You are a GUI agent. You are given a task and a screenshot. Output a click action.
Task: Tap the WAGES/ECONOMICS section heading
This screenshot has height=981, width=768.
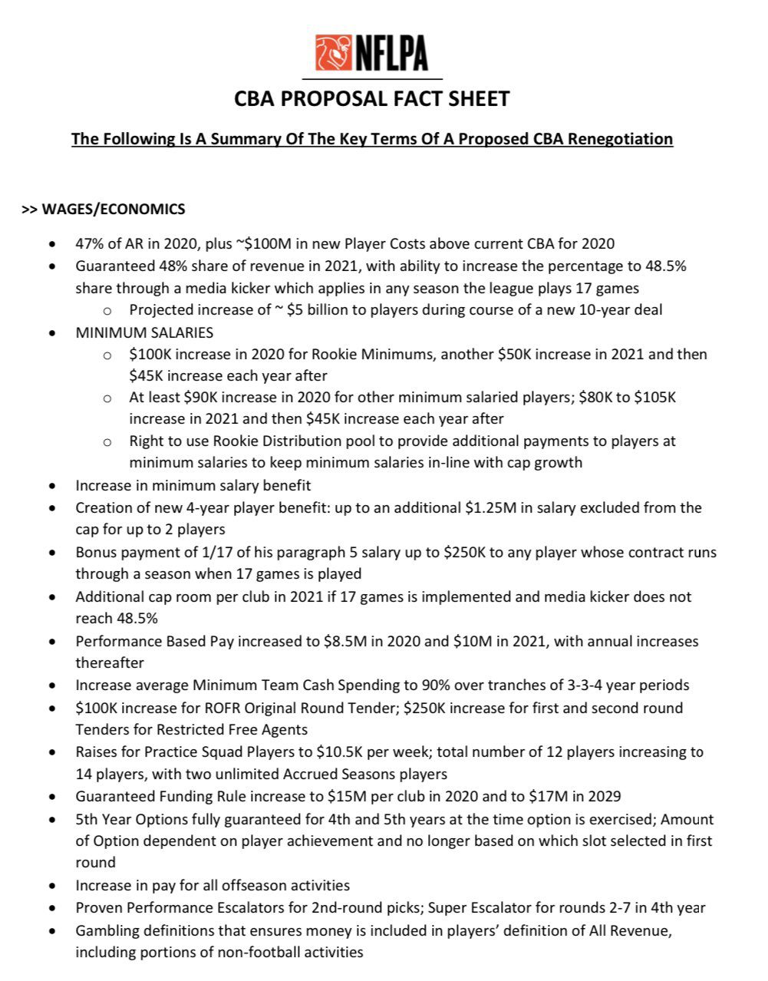pos(114,209)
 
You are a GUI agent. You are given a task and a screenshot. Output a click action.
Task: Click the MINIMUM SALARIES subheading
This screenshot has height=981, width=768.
pos(144,332)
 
